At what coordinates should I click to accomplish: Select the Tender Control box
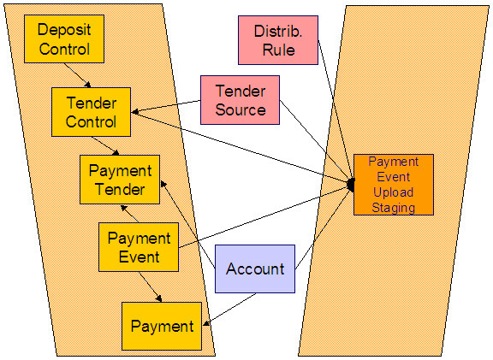point(92,111)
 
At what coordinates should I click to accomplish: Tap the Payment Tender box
point(120,180)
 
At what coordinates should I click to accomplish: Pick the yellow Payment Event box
point(139,247)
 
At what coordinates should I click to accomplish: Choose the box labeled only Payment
point(162,326)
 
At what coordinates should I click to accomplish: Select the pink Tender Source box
point(240,100)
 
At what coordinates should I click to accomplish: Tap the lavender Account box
point(254,269)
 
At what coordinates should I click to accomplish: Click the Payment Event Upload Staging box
point(394,185)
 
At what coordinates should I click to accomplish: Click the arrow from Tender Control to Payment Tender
point(107,145)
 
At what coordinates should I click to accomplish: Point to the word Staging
point(394,208)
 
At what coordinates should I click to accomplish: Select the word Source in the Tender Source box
point(240,109)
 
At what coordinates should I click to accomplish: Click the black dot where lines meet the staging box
point(351,185)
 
